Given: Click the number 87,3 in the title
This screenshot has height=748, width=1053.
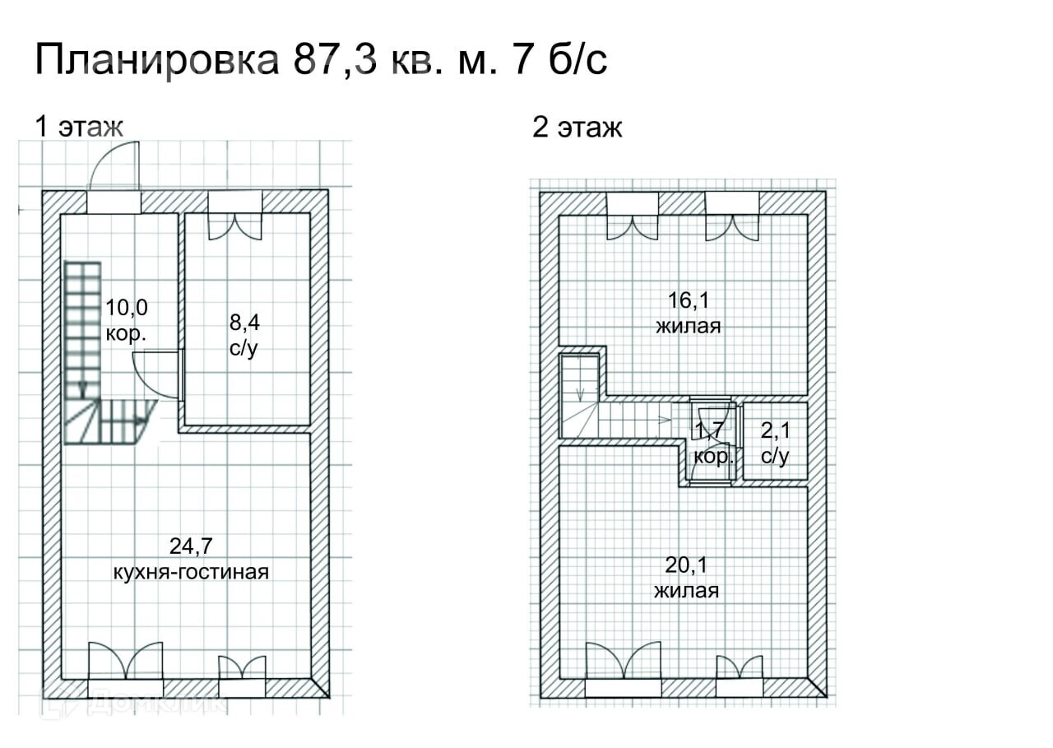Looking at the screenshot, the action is pos(335,60).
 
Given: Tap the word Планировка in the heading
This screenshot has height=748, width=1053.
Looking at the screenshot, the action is pos(157,60).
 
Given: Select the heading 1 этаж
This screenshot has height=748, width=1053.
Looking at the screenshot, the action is pos(79,127).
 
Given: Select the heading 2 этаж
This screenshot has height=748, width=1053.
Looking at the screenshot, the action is pos(578,128).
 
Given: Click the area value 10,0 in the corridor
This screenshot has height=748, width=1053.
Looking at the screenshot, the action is pos(127,308).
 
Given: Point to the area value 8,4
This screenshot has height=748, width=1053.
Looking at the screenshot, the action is pos(244,323).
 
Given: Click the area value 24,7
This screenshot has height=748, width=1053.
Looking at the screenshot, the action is pos(191,546).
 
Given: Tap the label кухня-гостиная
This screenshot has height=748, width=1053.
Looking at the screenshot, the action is pos(191,572).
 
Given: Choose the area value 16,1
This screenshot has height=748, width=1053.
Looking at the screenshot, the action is pos(689,300).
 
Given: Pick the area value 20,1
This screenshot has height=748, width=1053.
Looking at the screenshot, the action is pos(686,564).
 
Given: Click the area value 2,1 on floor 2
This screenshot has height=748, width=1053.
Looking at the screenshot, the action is pos(776,430).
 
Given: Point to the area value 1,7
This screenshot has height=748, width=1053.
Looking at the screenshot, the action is pos(709,430).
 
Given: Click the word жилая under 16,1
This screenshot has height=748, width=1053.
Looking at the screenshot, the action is pos(689,326).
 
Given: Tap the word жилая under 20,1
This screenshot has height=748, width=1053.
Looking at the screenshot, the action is pos(686,591).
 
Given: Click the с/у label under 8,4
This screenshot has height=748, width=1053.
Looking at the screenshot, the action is pos(244,348).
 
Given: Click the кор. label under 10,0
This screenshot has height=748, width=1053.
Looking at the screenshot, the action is pos(126,334).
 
